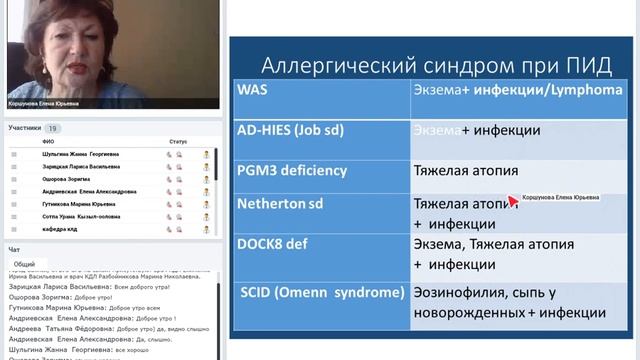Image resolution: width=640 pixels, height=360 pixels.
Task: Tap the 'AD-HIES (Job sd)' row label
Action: pos(290,130)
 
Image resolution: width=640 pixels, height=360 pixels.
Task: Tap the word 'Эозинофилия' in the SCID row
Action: pos(461,293)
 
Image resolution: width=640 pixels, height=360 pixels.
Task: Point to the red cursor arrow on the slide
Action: pos(514,200)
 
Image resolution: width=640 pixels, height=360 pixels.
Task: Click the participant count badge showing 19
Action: pos(53,128)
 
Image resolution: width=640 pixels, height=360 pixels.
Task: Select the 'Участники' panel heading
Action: pos(25,128)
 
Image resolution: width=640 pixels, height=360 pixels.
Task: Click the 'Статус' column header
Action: pos(178,142)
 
